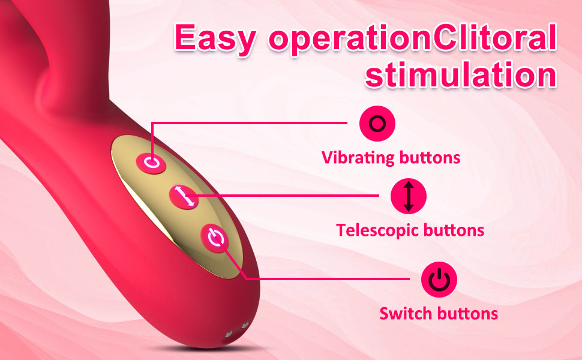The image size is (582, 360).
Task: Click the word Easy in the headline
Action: [215, 38]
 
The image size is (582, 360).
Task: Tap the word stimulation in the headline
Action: [461, 75]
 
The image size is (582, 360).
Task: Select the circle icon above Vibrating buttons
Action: [377, 124]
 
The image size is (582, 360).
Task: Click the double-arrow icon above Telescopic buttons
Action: [408, 196]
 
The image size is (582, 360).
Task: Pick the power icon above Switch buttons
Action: [439, 280]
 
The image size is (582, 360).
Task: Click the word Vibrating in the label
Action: [358, 157]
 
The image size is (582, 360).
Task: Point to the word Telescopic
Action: [377, 230]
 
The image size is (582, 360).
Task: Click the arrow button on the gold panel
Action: [184, 197]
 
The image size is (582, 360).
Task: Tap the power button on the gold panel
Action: [215, 238]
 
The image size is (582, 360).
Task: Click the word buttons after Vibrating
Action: [430, 157]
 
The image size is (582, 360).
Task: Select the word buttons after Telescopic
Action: [454, 230]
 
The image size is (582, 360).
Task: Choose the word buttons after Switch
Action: [467, 314]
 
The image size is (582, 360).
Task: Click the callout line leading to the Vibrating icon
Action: [248, 122]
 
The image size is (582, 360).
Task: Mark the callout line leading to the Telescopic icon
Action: [282, 195]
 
